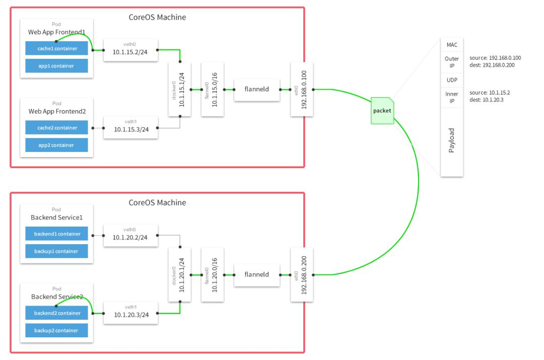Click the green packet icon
coord(381,110)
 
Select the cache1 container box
coord(56,48)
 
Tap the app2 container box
coord(56,145)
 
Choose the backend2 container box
coord(56,313)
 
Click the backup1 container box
coord(56,251)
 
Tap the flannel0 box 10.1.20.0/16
coord(212,275)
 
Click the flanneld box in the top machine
coord(257,90)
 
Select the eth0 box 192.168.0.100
coord(302,90)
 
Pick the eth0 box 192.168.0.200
coord(302,275)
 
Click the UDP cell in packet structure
coord(451,80)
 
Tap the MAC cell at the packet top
coord(451,45)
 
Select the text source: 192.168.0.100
coord(492,58)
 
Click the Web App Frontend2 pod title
coord(56,111)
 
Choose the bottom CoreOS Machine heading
coord(157,203)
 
